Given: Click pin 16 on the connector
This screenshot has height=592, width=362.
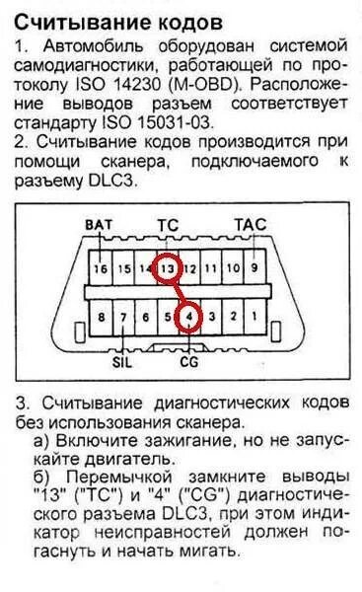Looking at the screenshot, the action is pyautogui.click(x=100, y=267).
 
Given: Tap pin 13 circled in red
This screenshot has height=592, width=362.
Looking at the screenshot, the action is pyautogui.click(x=169, y=267).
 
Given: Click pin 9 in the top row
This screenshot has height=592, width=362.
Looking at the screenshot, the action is pyautogui.click(x=254, y=267).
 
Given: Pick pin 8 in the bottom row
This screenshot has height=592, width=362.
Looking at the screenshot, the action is pyautogui.click(x=100, y=317).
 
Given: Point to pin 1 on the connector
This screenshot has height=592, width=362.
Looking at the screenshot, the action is pyautogui.click(x=254, y=317).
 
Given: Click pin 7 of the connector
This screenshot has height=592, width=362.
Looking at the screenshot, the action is pyautogui.click(x=122, y=317).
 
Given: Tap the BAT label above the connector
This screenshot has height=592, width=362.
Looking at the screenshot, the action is pyautogui.click(x=101, y=225).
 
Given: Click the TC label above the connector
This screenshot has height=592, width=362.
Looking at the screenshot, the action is pyautogui.click(x=168, y=225).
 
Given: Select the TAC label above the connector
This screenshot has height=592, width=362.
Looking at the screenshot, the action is pyautogui.click(x=250, y=225).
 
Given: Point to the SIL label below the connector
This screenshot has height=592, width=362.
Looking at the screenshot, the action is pyautogui.click(x=123, y=360).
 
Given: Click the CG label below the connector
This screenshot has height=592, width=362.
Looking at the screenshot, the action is pyautogui.click(x=189, y=360).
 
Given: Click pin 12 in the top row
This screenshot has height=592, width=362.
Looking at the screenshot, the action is pyautogui.click(x=191, y=267).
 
